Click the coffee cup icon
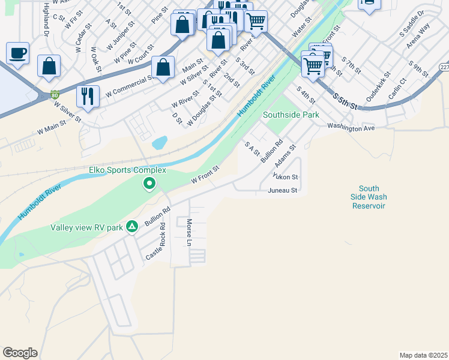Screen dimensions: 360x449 18,52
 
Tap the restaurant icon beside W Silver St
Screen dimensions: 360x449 88,96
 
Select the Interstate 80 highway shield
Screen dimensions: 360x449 55,94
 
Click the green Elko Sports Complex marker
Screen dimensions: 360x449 150,184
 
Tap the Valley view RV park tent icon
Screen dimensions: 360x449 132,227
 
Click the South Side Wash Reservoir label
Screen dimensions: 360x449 369,197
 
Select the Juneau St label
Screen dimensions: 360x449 283,191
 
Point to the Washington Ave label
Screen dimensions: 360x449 351,127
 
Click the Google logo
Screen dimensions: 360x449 20,353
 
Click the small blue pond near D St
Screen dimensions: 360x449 160,143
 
